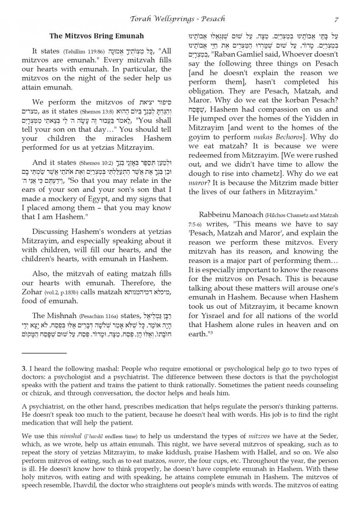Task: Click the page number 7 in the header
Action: (x=336, y=19)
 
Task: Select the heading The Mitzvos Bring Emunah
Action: (x=97, y=36)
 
